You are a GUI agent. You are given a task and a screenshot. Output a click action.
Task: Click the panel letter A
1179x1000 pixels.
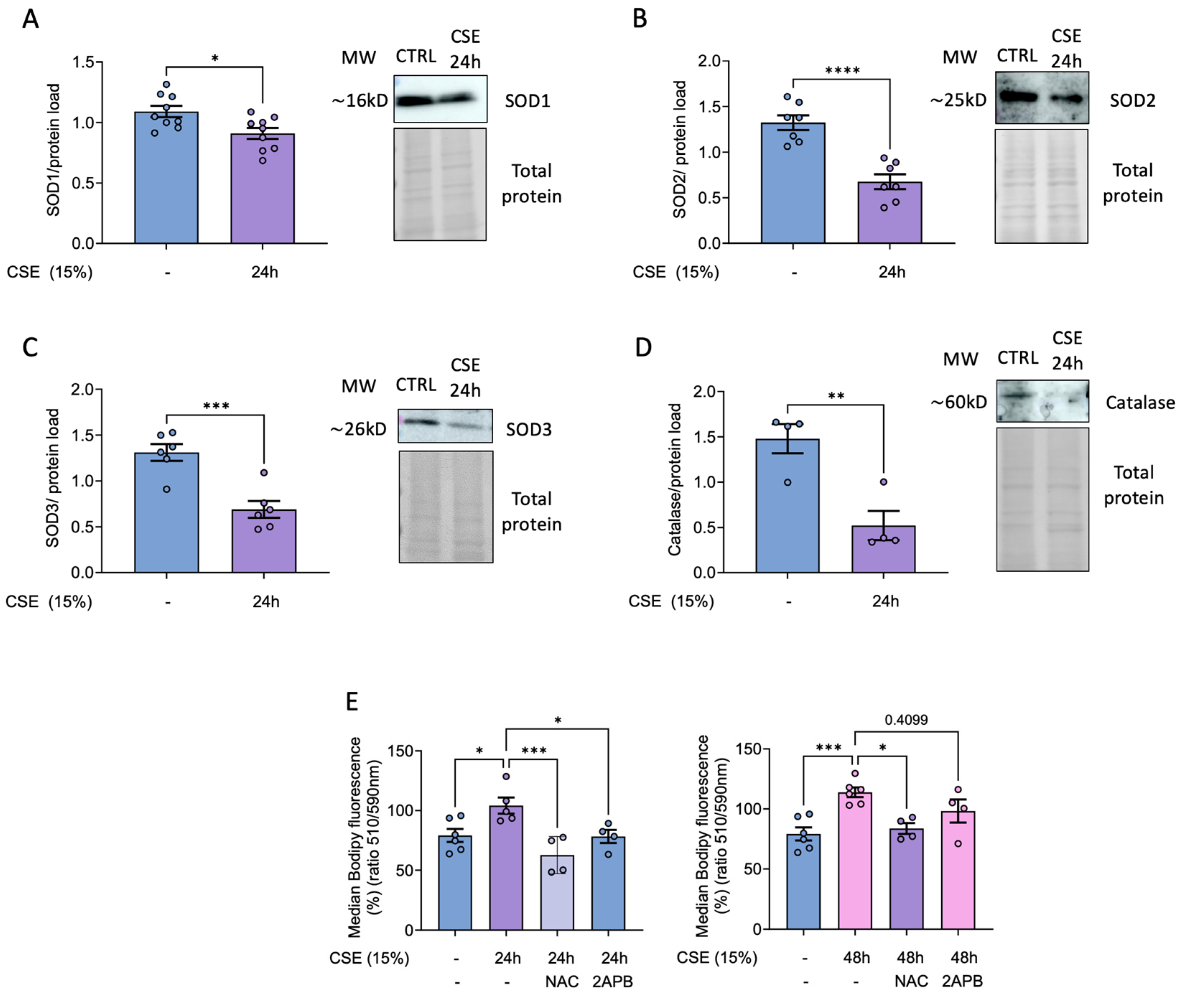[x=30, y=19]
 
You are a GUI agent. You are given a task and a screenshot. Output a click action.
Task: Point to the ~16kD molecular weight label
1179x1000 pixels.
[x=359, y=101]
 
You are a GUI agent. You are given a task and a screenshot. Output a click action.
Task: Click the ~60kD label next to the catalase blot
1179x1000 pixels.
[x=959, y=402]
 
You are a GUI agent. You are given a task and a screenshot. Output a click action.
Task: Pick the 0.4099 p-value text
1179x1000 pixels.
[x=906, y=720]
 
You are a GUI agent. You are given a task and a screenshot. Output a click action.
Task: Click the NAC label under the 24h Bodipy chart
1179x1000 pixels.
[x=561, y=982]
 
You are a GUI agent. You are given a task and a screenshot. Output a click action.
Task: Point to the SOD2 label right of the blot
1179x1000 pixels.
[x=1132, y=101]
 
